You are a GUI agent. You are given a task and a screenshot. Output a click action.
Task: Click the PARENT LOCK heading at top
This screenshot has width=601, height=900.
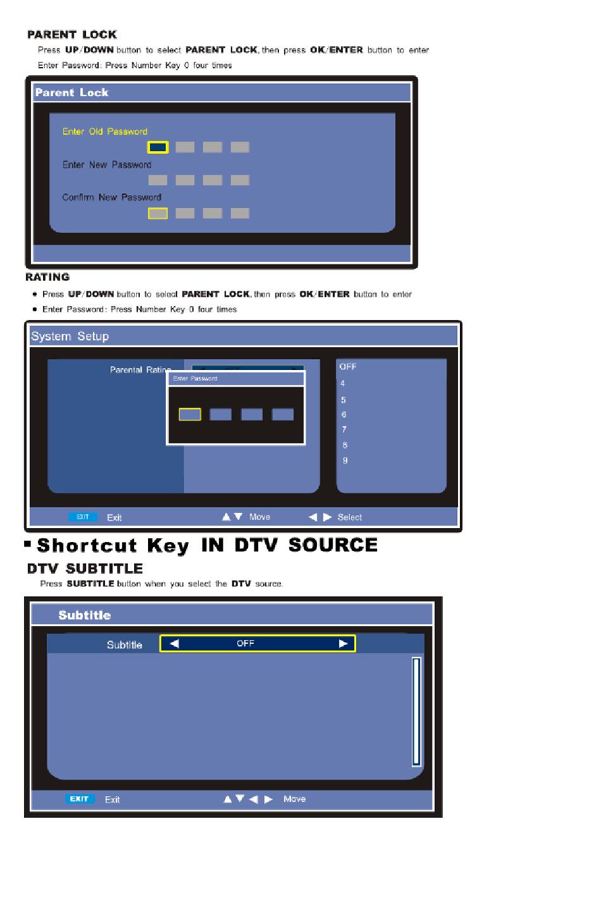pos(72,35)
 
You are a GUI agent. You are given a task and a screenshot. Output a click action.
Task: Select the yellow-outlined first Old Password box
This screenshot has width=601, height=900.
pos(158,147)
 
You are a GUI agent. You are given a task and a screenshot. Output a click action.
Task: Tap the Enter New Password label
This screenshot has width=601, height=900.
pos(106,164)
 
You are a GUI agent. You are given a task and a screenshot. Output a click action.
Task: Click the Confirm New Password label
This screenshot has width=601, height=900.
pos(112,197)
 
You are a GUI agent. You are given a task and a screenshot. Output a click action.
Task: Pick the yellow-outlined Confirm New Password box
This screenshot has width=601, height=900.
pos(158,213)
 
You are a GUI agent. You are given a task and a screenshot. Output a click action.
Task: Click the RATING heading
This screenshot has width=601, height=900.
pos(47,277)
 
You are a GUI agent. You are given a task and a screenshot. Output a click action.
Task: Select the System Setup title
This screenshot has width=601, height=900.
pos(70,336)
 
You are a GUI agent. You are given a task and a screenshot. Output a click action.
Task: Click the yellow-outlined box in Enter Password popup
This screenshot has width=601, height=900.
pos(190,414)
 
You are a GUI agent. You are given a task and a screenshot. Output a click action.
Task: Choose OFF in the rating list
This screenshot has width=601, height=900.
pos(348,366)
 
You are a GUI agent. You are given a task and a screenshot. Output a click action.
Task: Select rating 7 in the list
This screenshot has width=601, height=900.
pos(344,429)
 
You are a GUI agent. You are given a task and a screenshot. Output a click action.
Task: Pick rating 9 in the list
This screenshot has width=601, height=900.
pos(345,460)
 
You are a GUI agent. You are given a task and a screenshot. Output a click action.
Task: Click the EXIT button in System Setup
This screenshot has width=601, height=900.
pos(83,517)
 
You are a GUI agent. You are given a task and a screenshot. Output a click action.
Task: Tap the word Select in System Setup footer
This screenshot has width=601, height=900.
pos(349,517)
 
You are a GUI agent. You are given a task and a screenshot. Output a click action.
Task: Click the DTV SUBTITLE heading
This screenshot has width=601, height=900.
pos(85,569)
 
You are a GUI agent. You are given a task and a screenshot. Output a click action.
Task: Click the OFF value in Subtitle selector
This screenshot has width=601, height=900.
pos(245,643)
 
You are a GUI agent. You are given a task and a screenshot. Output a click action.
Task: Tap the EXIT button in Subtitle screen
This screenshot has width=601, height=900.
pos(80,799)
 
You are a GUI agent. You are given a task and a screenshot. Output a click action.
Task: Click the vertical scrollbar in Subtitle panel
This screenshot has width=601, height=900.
pos(416,712)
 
